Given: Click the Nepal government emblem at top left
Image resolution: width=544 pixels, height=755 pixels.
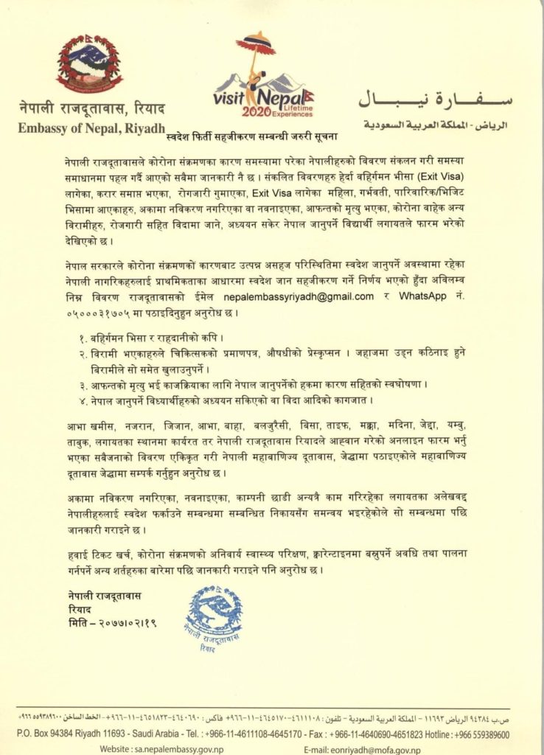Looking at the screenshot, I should click(90, 63).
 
